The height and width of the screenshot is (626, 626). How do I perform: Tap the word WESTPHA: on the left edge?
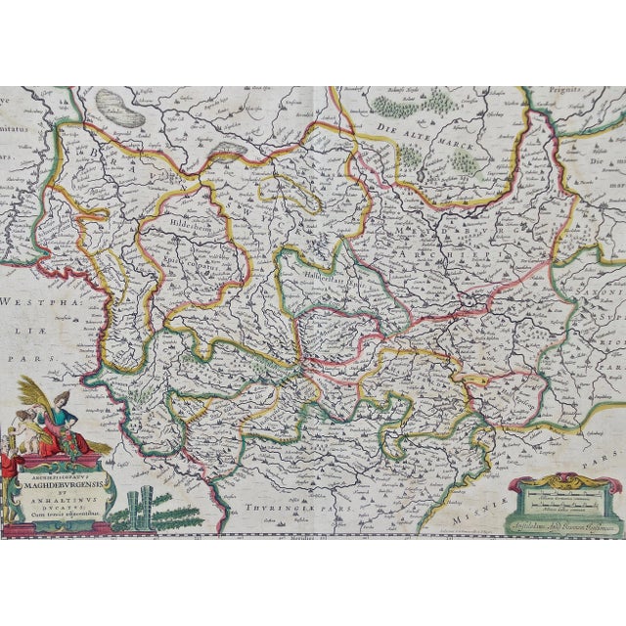pos(29,304)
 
